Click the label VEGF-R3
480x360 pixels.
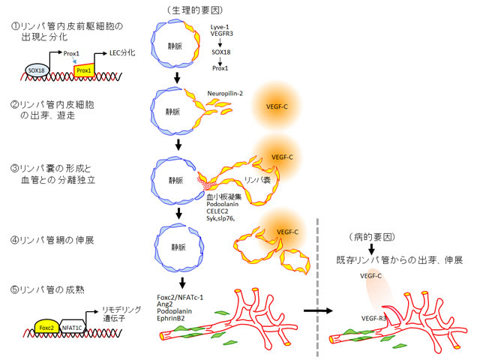[x=375, y=319]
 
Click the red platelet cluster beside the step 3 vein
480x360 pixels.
[x=204, y=180]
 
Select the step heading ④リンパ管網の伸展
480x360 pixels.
[x=52, y=240]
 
